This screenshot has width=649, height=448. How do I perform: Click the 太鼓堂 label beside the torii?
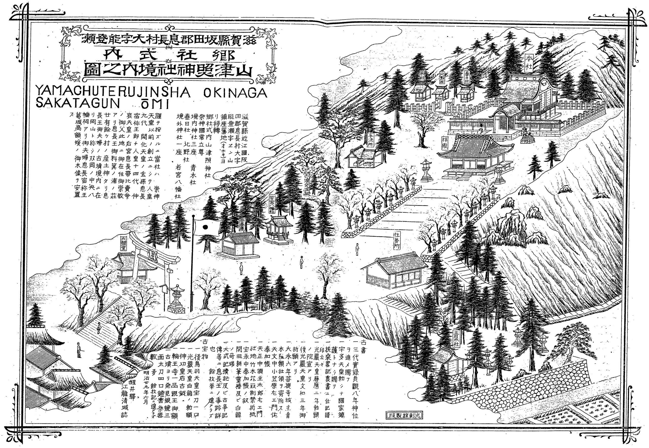pyautogui.click(x=124, y=242)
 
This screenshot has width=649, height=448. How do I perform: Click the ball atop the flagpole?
pyautogui.click(x=193, y=215)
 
